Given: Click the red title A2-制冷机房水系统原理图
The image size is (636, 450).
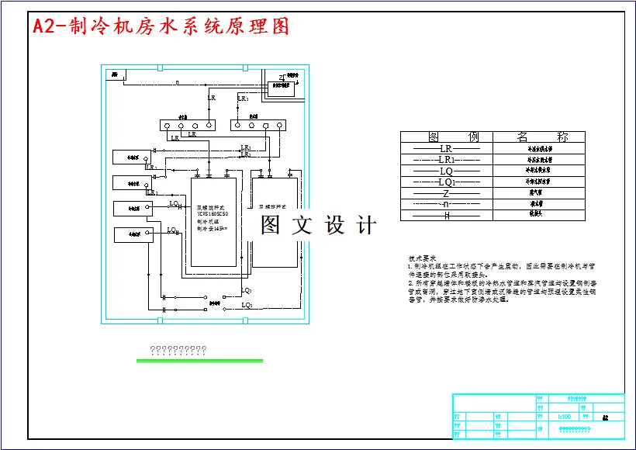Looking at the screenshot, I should [x=161, y=26].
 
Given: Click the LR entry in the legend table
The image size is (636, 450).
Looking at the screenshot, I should [x=446, y=148].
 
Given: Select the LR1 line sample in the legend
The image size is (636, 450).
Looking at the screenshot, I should [x=446, y=159].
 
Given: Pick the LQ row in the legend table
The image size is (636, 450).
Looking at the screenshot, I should [x=446, y=170].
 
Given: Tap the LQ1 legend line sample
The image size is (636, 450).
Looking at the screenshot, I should [x=446, y=182].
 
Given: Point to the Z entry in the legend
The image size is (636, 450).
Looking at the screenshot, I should [x=446, y=192].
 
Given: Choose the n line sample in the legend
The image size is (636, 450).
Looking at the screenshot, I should [x=446, y=203].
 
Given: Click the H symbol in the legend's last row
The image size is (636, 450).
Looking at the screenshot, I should [x=446, y=215].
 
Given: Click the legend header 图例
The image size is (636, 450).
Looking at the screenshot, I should [x=446, y=137].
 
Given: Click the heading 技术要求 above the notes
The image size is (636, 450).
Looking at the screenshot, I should [x=423, y=258].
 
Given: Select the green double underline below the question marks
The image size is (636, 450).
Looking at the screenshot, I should [x=199, y=360].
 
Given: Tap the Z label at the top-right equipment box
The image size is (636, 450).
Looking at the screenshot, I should [x=281, y=77].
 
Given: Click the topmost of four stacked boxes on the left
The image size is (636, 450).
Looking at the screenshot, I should [x=127, y=157].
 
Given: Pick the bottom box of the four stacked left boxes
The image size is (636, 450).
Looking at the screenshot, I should [x=130, y=233].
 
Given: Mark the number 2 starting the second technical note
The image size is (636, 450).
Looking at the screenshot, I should [x=410, y=283].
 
